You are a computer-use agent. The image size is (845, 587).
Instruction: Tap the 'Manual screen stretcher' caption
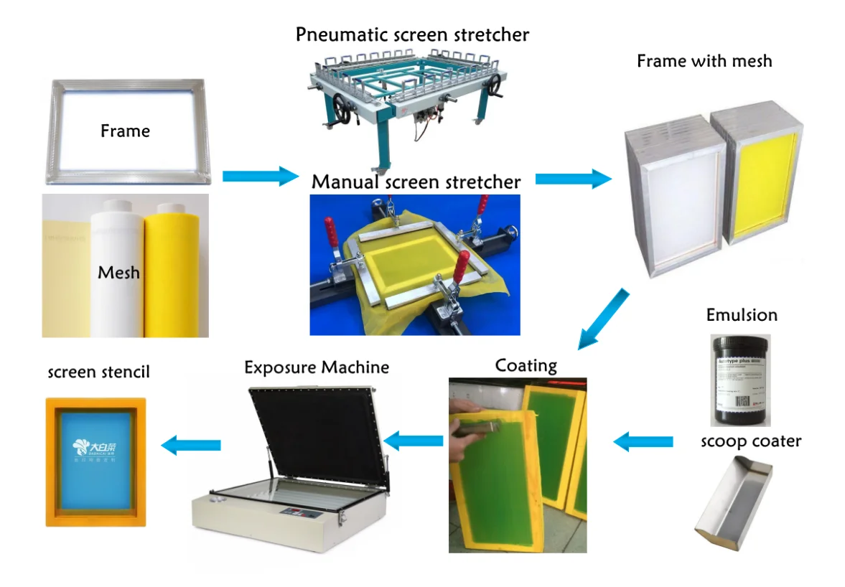pyautogui.click(x=416, y=182)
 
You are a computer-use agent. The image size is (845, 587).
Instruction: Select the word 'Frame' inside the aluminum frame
pyautogui.click(x=125, y=131)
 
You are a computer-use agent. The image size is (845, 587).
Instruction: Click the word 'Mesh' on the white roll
pyautogui.click(x=118, y=273)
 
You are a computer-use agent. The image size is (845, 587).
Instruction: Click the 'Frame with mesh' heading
pyautogui.click(x=704, y=61)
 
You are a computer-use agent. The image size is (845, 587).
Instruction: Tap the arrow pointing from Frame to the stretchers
pyautogui.click(x=259, y=176)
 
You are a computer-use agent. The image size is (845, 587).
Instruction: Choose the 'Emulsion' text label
pyautogui.click(x=742, y=315)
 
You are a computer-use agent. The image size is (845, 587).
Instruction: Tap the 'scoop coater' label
pyautogui.click(x=750, y=441)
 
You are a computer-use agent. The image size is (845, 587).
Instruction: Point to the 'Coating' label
pyautogui.click(x=526, y=365)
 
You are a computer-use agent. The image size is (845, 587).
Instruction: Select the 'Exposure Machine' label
pyautogui.click(x=317, y=367)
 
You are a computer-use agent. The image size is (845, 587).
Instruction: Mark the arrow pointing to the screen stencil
pyautogui.click(x=190, y=446)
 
